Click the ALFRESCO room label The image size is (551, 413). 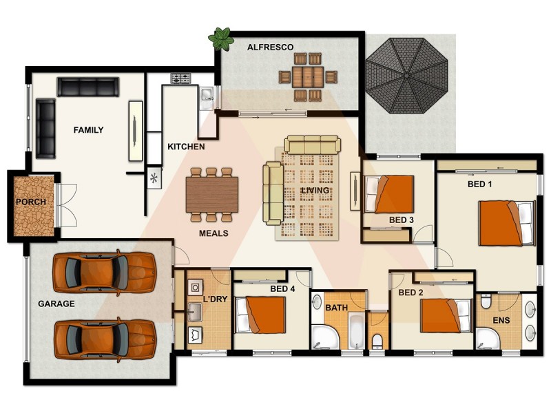point(271,47)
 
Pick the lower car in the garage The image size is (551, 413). point(105,337)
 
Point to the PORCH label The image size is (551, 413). point(31,202)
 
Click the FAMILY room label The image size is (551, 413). point(88,130)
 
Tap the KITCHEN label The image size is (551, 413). point(186,147)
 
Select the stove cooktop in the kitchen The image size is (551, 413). point(180,79)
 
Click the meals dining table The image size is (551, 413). point(212,193)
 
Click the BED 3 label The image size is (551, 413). point(401,220)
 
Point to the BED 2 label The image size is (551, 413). point(410,293)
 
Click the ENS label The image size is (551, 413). point(501,320)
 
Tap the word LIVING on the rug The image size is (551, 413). point(315,190)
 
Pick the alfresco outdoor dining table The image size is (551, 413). point(304,75)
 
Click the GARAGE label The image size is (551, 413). point(56,303)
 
